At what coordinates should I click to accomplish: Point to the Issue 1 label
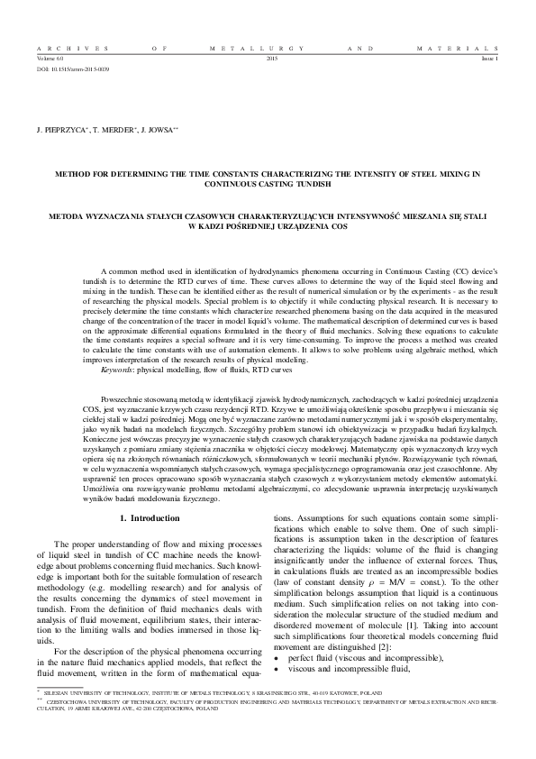pos(487,58)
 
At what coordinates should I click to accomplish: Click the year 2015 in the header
pos(273,58)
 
